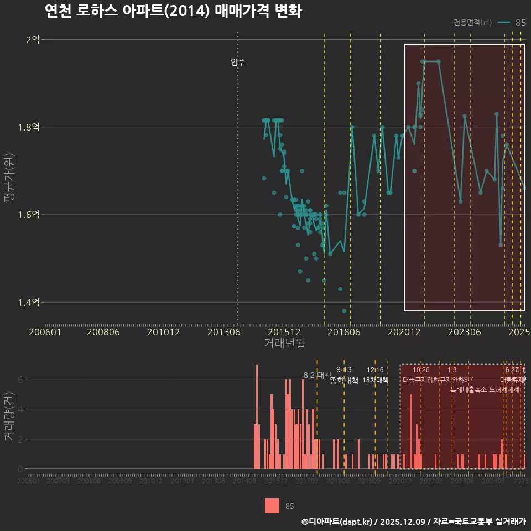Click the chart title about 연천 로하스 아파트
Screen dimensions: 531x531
coord(173,11)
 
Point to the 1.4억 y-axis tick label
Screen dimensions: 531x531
coord(29,302)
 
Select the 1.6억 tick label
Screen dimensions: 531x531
coord(29,215)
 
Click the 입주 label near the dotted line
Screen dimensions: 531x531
coord(238,62)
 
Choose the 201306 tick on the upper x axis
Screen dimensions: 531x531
coord(224,332)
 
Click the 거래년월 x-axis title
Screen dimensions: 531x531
coord(284,343)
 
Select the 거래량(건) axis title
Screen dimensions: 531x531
coord(9,417)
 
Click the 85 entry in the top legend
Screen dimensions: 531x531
coord(520,23)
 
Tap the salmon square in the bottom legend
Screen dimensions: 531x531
coord(272,506)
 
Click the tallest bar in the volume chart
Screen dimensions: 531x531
coord(257,416)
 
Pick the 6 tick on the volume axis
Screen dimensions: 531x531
coord(20,379)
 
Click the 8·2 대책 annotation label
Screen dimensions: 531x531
coord(317,375)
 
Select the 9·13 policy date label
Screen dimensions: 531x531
coord(343,369)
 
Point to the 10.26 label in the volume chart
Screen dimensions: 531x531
coord(421,370)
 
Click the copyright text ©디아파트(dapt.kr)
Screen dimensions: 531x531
coord(338,522)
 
